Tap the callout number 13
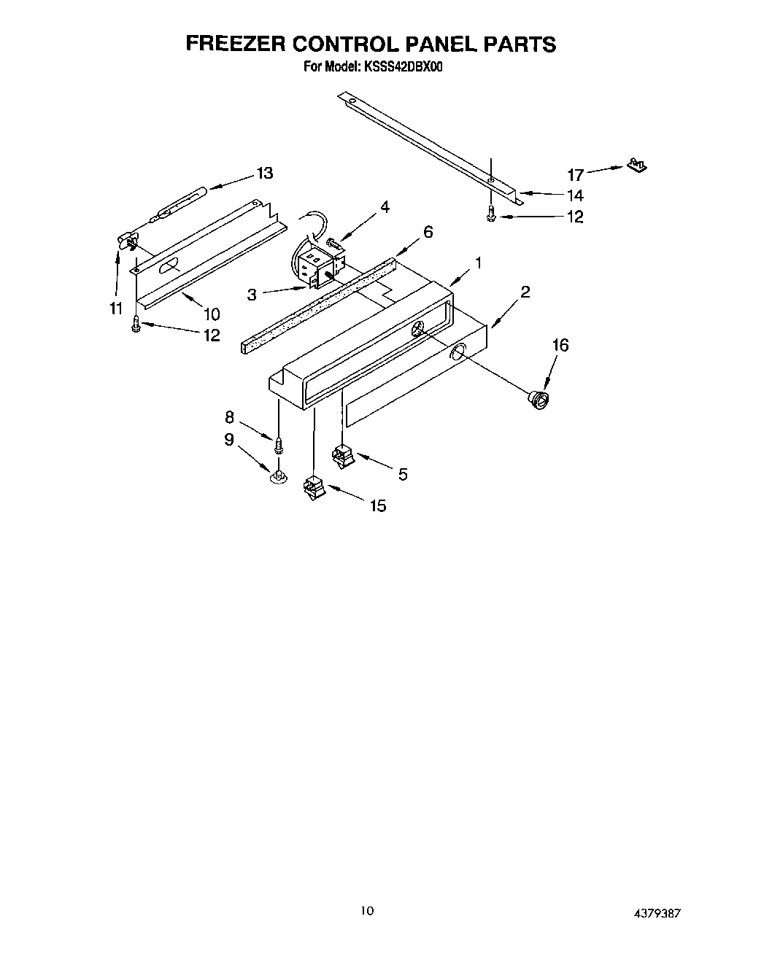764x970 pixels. click(264, 173)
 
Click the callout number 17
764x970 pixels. click(576, 174)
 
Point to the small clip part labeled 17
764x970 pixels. click(636, 166)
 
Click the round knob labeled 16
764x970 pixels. click(540, 400)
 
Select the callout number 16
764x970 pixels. click(559, 345)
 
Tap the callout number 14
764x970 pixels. click(575, 195)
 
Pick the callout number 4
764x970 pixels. click(385, 206)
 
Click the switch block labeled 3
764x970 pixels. click(317, 267)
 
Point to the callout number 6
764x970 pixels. click(428, 232)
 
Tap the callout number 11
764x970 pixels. click(115, 309)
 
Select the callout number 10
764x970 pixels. click(212, 314)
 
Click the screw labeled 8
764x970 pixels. click(278, 442)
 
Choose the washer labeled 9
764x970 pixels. click(277, 476)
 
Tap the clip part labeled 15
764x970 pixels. click(314, 486)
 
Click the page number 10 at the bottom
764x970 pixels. click(368, 911)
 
